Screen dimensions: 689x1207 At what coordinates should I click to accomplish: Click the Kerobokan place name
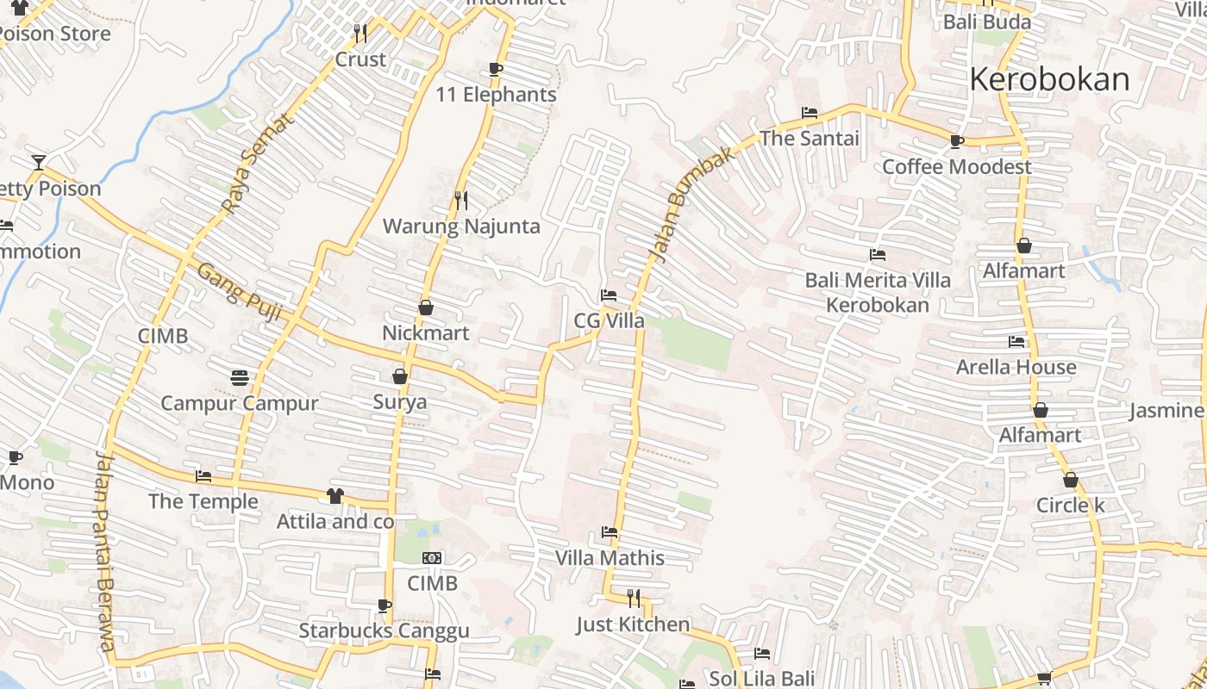[1049, 79]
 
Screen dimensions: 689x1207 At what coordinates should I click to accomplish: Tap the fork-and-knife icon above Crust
[360, 34]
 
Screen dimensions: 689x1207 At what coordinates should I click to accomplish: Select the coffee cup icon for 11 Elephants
[496, 69]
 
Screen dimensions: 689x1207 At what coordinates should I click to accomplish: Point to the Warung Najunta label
[461, 227]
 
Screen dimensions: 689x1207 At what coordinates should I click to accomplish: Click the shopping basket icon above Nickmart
[425, 307]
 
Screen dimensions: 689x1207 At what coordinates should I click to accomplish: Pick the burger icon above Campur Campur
[240, 377]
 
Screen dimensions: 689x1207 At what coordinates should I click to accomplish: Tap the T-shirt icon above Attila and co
[335, 496]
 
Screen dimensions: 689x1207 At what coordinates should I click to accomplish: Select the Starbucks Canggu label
[384, 630]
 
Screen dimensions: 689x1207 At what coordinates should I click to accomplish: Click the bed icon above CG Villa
[609, 295]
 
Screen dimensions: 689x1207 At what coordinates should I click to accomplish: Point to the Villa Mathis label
[610, 558]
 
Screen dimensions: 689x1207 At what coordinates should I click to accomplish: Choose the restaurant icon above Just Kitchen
[634, 598]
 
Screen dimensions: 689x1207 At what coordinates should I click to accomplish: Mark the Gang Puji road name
[240, 292]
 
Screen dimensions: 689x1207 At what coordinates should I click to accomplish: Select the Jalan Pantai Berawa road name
[105, 551]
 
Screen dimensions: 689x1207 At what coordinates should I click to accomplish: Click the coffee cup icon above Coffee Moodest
[956, 141]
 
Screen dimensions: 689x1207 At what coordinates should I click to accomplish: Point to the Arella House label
[1016, 367]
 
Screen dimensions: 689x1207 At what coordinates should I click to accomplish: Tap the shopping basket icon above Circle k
[1070, 480]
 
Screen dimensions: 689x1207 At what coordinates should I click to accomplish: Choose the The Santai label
[810, 138]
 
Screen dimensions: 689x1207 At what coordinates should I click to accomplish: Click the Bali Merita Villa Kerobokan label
[878, 293]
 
